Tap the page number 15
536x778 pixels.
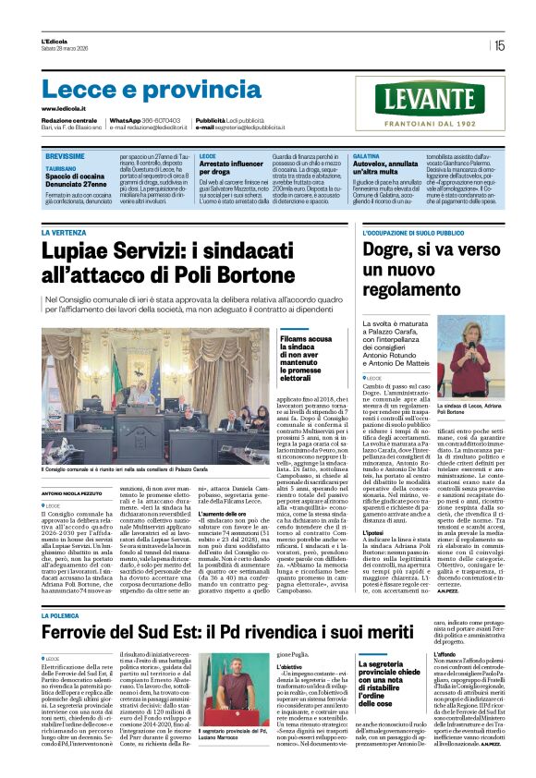click(x=499, y=45)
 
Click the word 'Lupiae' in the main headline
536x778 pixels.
click(x=80, y=252)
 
